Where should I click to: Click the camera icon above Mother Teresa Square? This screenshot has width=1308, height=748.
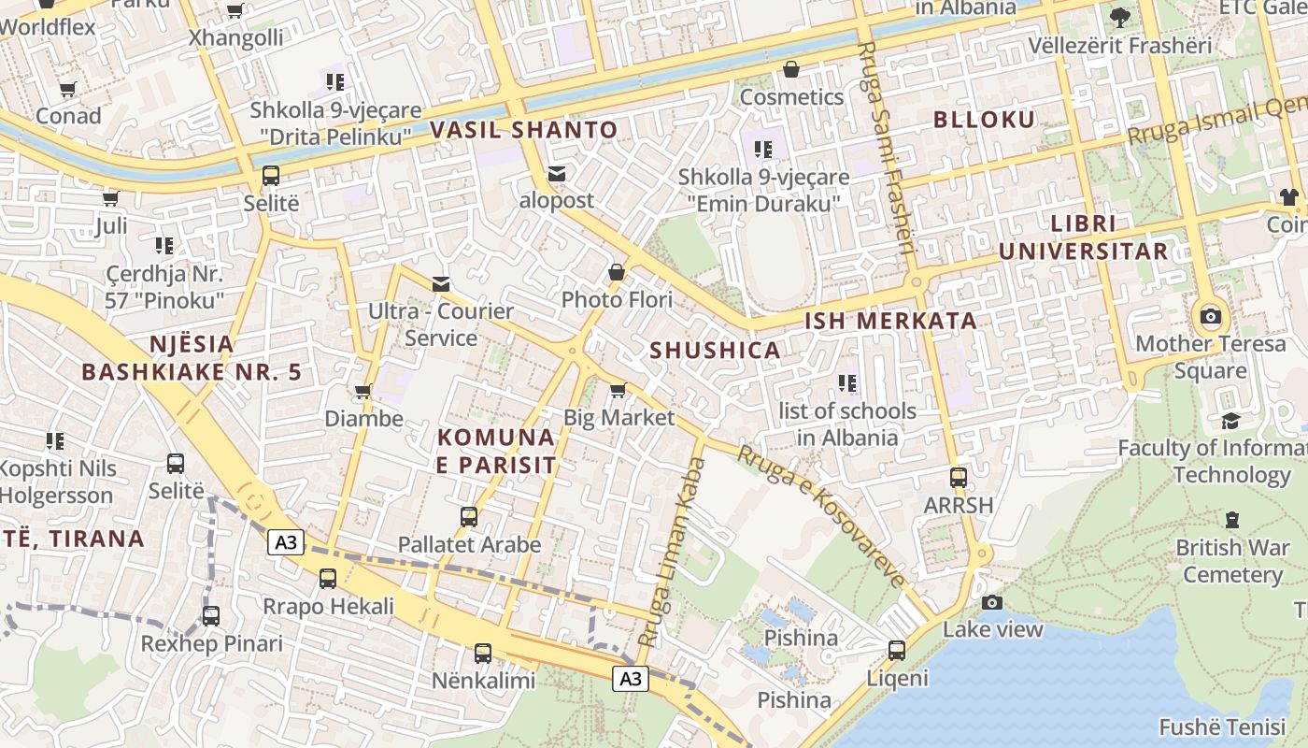click(1211, 316)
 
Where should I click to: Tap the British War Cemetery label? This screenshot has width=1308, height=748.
click(1232, 560)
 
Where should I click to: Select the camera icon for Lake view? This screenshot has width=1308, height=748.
click(992, 602)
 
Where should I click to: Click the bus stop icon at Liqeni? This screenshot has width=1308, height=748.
click(897, 650)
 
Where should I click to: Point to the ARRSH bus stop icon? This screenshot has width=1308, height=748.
click(958, 478)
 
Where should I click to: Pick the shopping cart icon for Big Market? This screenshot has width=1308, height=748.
click(617, 390)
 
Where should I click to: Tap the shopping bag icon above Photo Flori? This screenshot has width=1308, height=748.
click(617, 273)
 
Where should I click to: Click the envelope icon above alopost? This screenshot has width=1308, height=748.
click(557, 174)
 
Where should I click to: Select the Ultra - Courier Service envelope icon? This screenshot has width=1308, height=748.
click(440, 284)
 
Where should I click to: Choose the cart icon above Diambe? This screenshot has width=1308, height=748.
click(363, 392)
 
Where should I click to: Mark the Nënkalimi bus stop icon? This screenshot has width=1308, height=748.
click(483, 654)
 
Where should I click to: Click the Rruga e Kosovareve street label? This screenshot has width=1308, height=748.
click(821, 515)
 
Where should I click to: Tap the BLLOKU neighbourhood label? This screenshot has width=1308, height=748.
click(984, 120)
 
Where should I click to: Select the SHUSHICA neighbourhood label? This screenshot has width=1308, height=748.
click(715, 351)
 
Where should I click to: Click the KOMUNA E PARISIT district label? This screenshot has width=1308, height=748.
click(496, 451)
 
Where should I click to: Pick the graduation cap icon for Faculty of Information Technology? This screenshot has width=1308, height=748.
click(1230, 421)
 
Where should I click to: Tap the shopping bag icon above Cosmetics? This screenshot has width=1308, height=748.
click(791, 70)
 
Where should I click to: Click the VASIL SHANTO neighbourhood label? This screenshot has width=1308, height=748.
click(524, 130)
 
